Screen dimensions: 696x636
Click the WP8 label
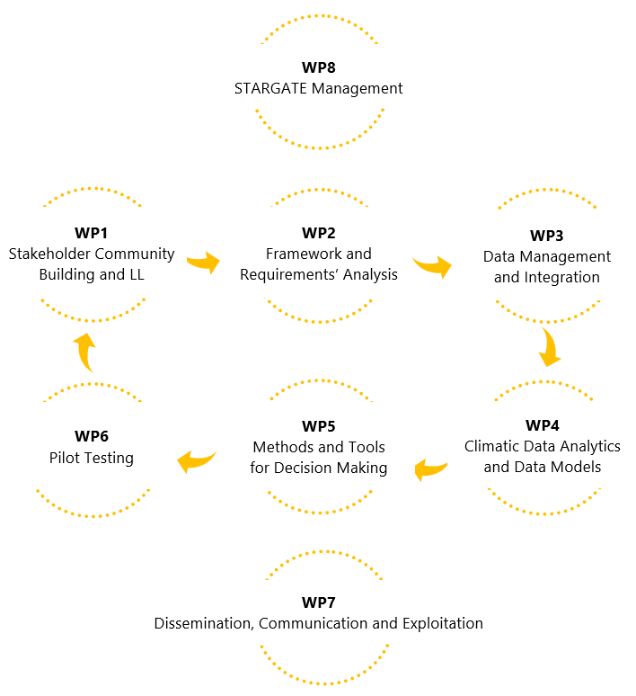tap(319, 67)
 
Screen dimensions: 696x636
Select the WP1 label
tap(92, 233)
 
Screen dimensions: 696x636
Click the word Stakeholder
tap(51, 254)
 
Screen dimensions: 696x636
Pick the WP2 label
tap(319, 233)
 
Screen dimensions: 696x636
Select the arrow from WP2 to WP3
tap(432, 266)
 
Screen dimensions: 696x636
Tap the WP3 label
tap(546, 236)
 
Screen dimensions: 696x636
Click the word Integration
tap(562, 277)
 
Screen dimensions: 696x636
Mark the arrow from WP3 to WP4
tap(550, 346)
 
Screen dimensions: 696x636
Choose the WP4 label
tap(542, 424)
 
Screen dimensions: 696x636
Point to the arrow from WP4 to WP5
tap(431, 468)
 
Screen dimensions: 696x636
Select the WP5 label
tap(319, 425)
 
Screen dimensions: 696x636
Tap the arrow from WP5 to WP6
tap(197, 460)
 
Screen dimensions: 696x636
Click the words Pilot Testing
tap(92, 458)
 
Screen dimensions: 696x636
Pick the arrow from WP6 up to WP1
tap(84, 352)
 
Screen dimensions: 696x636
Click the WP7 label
tap(319, 602)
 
